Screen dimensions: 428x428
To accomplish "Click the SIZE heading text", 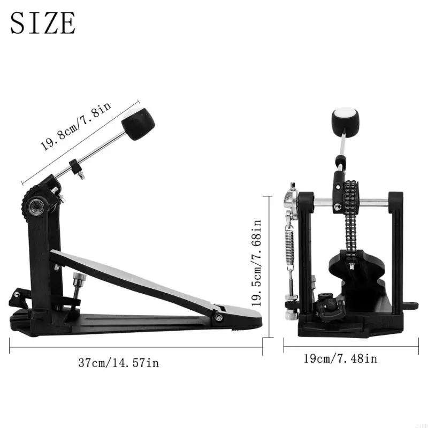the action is click(43, 23).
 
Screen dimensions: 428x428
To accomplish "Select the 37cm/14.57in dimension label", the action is click(118, 363).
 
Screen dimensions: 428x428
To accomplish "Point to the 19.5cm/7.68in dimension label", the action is click(256, 263).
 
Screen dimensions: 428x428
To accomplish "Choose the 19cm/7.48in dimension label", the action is click(340, 358).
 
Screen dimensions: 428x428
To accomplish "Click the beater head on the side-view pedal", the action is click(138, 124).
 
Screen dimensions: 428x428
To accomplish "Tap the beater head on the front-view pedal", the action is click(346, 121).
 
